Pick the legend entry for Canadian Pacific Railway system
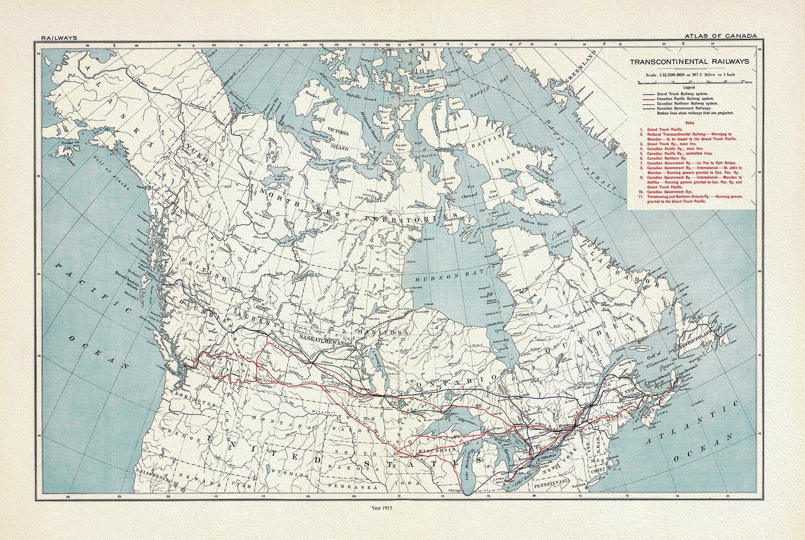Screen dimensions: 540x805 pyautogui.click(x=686, y=99)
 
